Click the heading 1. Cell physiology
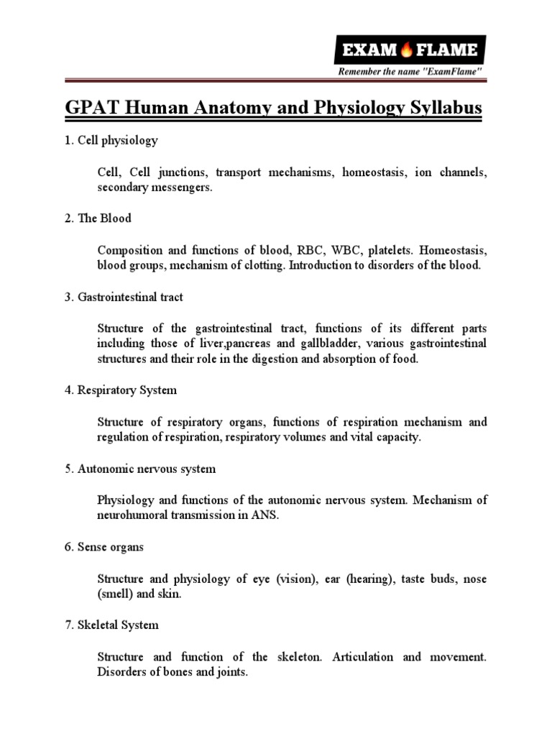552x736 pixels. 109,141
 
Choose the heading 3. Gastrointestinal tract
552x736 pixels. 122,296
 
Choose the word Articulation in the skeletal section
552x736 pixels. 362,657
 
